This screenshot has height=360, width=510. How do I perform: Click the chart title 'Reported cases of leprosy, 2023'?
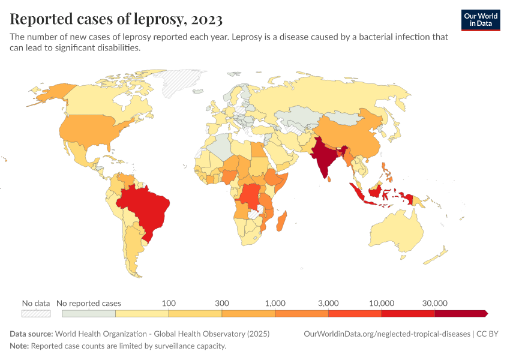tap(116, 19)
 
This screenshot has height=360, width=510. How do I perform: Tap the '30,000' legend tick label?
tap(435, 303)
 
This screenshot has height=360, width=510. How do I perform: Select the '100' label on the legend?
tap(169, 303)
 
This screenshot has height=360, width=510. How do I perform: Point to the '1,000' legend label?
tap(275, 303)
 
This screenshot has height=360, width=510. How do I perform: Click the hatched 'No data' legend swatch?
tap(36, 313)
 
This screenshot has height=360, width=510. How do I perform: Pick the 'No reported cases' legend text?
tap(89, 303)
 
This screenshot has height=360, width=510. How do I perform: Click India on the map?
tap(323, 156)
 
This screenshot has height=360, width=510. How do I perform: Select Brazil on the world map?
tap(147, 207)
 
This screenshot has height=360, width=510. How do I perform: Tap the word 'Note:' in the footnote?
tap(19, 346)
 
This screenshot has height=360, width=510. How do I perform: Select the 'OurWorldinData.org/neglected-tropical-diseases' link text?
tap(388, 334)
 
